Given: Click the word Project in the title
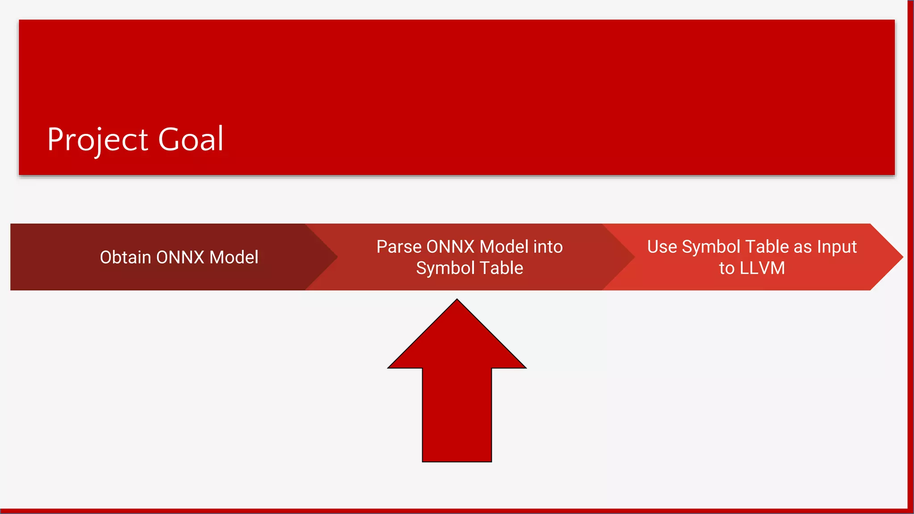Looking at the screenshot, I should [98, 140].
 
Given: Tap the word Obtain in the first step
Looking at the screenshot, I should [125, 257].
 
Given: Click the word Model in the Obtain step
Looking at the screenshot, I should [234, 257].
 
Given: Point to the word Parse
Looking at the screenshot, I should [399, 247].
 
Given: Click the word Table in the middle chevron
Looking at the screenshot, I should [502, 268].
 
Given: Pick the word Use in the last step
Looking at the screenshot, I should [662, 247].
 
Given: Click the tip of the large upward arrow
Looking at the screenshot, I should [457, 302].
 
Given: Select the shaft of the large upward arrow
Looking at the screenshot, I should [457, 415].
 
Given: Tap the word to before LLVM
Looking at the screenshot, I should [727, 268].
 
